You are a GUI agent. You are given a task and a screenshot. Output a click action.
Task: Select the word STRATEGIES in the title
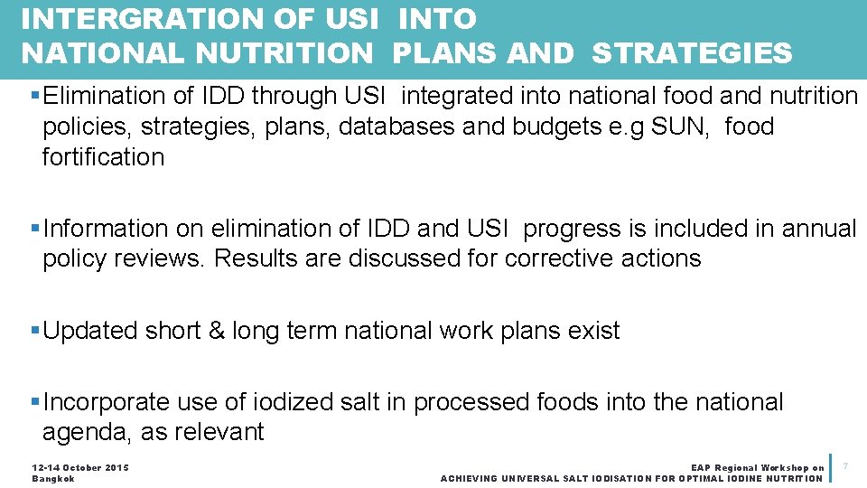tap(692, 53)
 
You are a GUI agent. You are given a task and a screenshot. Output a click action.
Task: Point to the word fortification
tap(104, 157)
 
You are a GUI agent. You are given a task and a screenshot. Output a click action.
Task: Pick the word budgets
tap(559, 127)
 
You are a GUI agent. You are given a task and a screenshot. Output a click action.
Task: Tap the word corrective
tap(560, 258)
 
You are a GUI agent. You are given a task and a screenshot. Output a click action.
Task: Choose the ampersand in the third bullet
tap(217, 331)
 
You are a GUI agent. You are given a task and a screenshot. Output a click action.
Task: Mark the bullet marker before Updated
tap(35, 331)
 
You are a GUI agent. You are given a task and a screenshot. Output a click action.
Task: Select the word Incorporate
tap(106, 402)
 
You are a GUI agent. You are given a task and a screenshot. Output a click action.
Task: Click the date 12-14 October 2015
tap(80, 467)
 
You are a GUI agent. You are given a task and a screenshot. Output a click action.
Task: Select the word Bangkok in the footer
tap(53, 478)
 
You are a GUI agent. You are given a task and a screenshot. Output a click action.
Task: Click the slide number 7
tap(845, 465)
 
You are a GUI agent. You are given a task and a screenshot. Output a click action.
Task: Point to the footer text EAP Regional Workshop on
tap(757, 467)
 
